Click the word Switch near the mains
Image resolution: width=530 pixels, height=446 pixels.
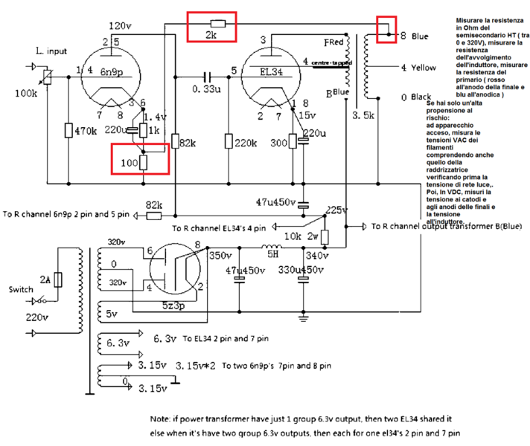[x=21, y=288]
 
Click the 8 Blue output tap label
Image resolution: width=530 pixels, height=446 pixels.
[x=414, y=36]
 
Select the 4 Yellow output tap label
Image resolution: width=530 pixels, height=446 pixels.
[x=418, y=68]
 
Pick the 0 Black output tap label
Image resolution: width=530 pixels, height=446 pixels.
[x=415, y=97]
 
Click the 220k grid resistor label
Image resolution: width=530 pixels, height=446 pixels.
[x=246, y=142]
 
